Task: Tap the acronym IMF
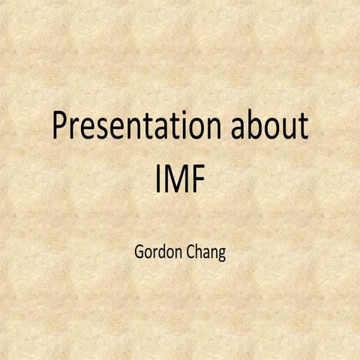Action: click(180, 178)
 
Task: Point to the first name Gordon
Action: click(154, 249)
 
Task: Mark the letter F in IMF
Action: click(199, 178)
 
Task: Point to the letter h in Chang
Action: click(196, 248)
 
